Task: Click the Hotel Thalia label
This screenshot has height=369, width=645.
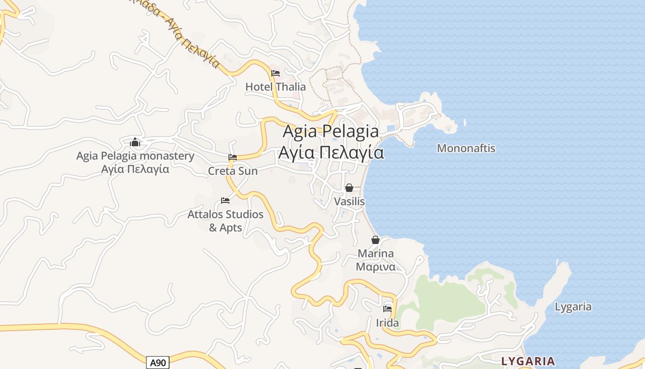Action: pyautogui.click(x=276, y=87)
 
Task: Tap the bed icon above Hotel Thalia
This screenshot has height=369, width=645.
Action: pyautogui.click(x=276, y=73)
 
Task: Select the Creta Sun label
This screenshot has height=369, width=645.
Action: pyautogui.click(x=233, y=171)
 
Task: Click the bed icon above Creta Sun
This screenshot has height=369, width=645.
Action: pyautogui.click(x=233, y=157)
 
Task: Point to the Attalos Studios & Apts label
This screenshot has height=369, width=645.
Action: pyautogui.click(x=225, y=220)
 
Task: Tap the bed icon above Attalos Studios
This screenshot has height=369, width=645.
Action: pyautogui.click(x=225, y=200)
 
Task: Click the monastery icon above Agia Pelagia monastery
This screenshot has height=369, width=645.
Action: pyautogui.click(x=135, y=142)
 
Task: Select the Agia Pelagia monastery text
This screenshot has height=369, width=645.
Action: pyautogui.click(x=135, y=156)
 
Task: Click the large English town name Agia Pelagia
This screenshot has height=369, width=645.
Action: pyautogui.click(x=331, y=131)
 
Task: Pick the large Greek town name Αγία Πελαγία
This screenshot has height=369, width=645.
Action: pyautogui.click(x=331, y=152)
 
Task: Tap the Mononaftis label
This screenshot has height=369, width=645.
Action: pyautogui.click(x=466, y=149)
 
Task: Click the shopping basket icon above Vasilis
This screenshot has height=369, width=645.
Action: pyautogui.click(x=349, y=188)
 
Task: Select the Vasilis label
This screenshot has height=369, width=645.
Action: pyautogui.click(x=349, y=202)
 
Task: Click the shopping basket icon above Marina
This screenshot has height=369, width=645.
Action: pyautogui.click(x=375, y=240)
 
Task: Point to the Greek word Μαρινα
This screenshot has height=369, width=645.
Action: pyautogui.click(x=375, y=267)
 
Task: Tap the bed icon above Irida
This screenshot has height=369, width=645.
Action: pyautogui.click(x=387, y=309)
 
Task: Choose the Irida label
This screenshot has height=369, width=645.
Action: pyautogui.click(x=387, y=323)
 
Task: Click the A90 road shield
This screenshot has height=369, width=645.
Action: pyautogui.click(x=158, y=363)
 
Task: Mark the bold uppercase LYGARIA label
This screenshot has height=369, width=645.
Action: pyautogui.click(x=528, y=361)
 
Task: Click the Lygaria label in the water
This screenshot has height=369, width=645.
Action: pyautogui.click(x=573, y=307)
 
